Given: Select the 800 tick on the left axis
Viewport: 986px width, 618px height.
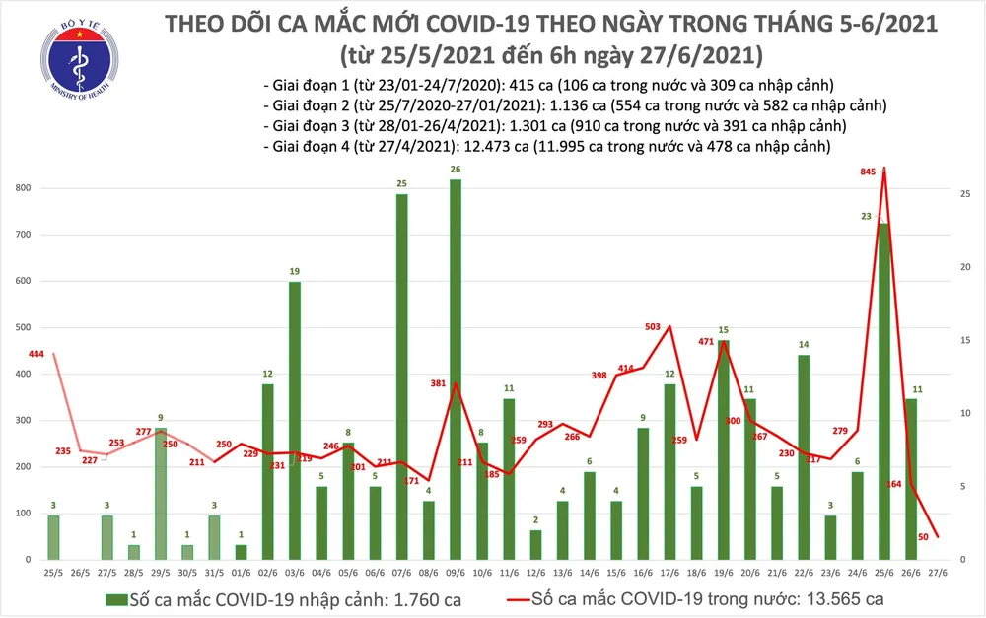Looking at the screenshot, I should pyautogui.click(x=22, y=188).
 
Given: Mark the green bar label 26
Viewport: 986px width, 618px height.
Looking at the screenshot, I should pyautogui.click(x=455, y=170).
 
